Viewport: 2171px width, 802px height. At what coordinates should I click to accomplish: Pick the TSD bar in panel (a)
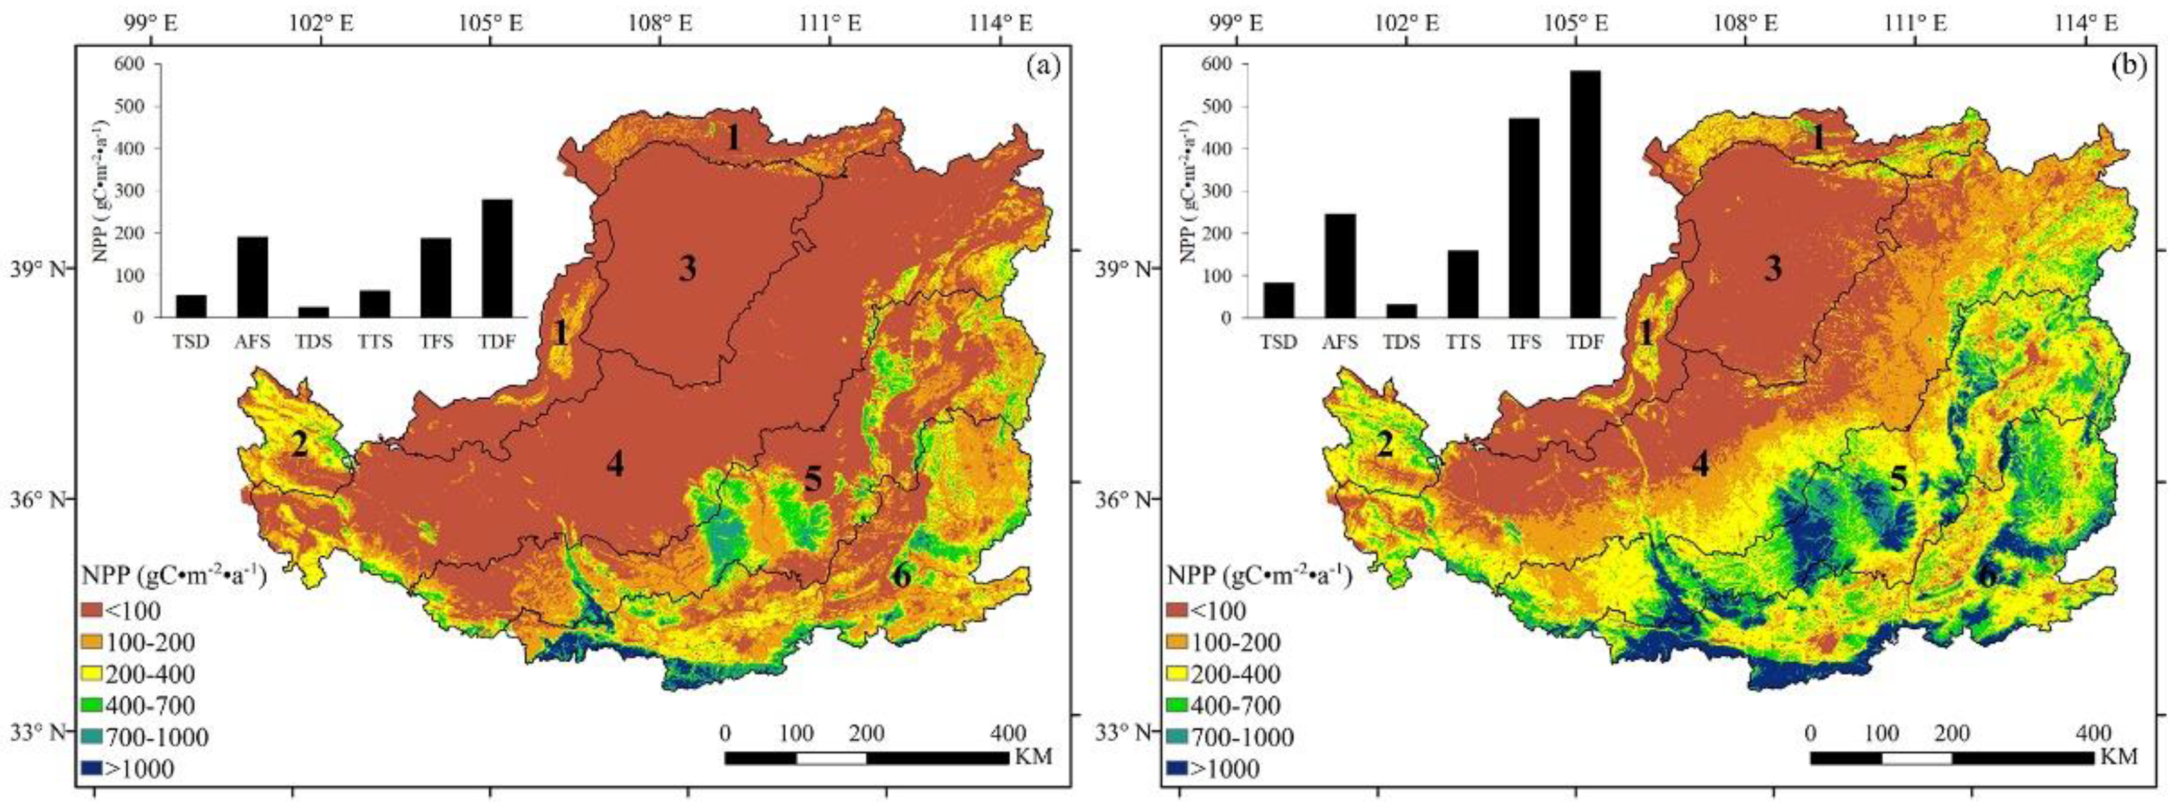point(191,306)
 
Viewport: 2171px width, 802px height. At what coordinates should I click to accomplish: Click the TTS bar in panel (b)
point(1462,284)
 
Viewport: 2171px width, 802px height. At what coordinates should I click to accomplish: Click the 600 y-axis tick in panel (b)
point(1215,64)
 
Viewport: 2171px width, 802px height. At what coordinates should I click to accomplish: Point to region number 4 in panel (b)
point(1701,463)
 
